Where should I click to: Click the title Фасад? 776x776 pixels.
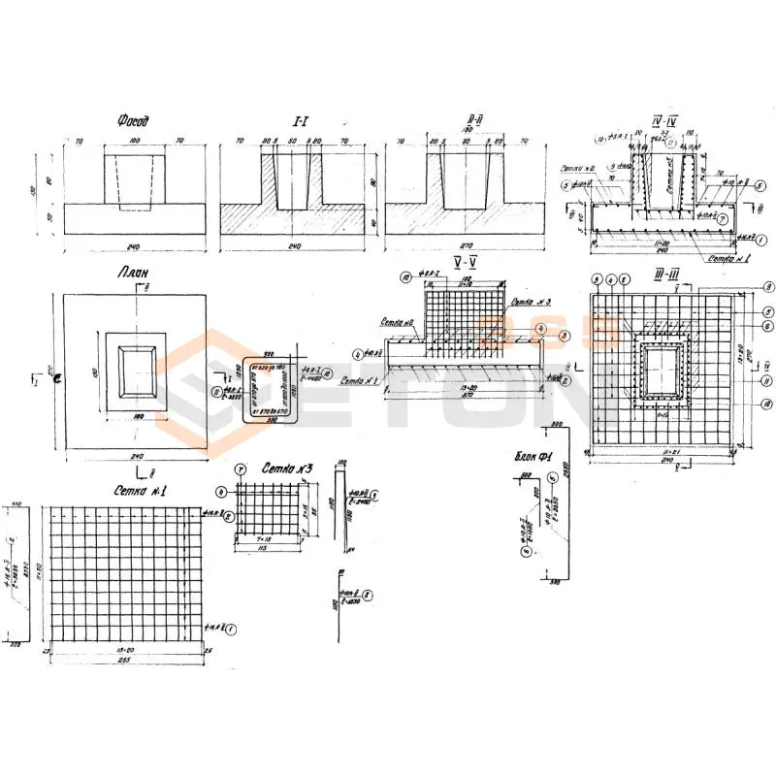click(133, 122)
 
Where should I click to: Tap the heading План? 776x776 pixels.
click(133, 275)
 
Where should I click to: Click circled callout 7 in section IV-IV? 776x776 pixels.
click(723, 218)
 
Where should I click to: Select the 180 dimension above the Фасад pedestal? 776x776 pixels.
click(134, 142)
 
